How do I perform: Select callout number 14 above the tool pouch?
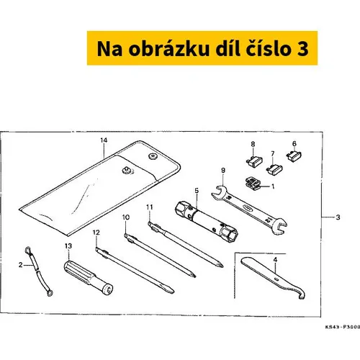[x=104, y=140]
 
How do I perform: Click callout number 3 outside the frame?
[x=338, y=217]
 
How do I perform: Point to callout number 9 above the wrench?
[x=223, y=170]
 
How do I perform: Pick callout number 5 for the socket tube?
[x=197, y=191]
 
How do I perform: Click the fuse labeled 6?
[x=294, y=156]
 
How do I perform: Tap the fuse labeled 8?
[x=254, y=161]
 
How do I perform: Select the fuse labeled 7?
[x=274, y=168]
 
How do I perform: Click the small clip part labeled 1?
[x=253, y=184]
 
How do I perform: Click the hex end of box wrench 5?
[x=229, y=233]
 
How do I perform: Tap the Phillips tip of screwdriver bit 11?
[x=220, y=265]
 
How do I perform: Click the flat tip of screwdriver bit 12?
[x=170, y=291]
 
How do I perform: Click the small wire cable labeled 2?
[x=38, y=271]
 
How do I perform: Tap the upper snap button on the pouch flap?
[x=152, y=156]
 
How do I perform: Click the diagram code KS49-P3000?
[x=343, y=327]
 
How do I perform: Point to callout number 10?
[x=126, y=217]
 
